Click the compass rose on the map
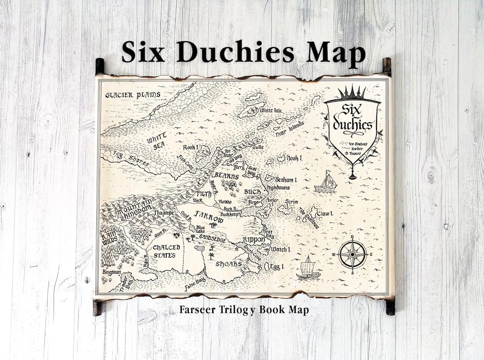tap(352, 254)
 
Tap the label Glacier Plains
tap(133, 94)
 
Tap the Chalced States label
tap(166, 251)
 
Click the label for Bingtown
tap(112, 272)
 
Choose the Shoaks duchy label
tap(229, 264)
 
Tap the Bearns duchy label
tap(226, 177)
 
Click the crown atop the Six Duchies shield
tap(352, 94)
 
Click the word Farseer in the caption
tap(196, 309)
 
